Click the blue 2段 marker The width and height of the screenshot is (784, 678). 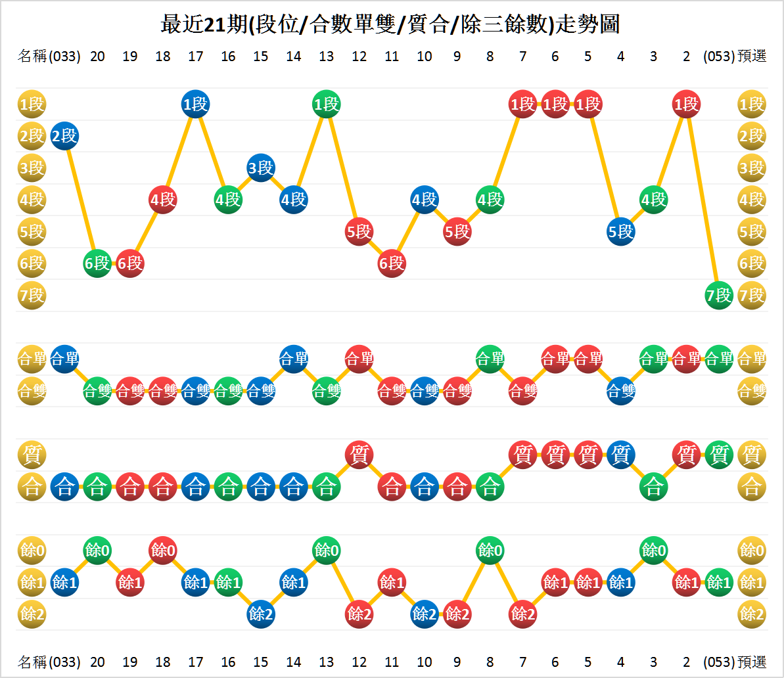tap(64, 136)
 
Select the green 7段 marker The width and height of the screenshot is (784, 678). tap(719, 296)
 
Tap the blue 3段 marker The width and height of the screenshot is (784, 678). tap(261, 168)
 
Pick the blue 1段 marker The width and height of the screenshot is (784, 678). tap(195, 104)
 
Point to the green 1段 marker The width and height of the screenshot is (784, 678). tap(327, 104)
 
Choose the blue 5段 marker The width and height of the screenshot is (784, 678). tap(621, 231)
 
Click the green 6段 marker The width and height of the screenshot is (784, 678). tap(97, 263)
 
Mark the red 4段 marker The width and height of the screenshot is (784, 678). tap(163, 199)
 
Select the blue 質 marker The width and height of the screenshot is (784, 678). tap(621, 454)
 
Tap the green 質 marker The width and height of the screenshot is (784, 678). tap(719, 454)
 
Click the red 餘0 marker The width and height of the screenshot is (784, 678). tap(163, 550)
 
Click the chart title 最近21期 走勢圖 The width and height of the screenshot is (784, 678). tap(391, 25)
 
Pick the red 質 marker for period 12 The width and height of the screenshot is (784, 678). tap(359, 454)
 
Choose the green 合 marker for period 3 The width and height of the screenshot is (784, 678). tap(654, 487)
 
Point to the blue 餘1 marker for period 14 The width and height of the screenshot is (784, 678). tap(294, 582)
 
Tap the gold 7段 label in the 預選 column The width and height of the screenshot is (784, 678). tap(752, 296)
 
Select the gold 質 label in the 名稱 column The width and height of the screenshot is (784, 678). tap(32, 454)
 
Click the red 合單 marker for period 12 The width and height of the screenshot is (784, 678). tap(359, 359)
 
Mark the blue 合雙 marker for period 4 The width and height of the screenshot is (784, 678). tap(621, 392)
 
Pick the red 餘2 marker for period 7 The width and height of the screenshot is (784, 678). tap(523, 614)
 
